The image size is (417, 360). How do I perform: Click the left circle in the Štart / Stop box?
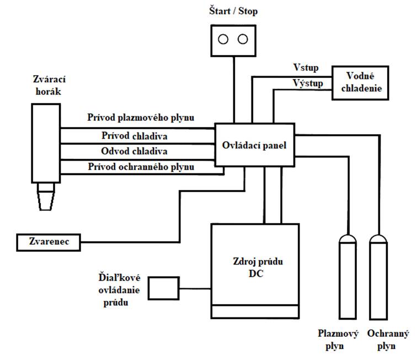[x=223, y=39]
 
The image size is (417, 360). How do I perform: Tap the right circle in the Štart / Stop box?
[x=242, y=39]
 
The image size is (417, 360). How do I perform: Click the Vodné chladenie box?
[x=360, y=82]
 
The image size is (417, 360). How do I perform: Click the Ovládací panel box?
[x=254, y=145]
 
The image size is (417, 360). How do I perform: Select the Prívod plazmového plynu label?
[x=141, y=117]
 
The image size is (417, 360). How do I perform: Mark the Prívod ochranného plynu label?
[x=141, y=166]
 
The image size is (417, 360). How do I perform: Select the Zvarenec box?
[x=48, y=241]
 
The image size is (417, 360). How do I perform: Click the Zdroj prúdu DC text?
[x=255, y=267]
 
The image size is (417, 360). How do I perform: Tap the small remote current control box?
[x=164, y=288]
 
